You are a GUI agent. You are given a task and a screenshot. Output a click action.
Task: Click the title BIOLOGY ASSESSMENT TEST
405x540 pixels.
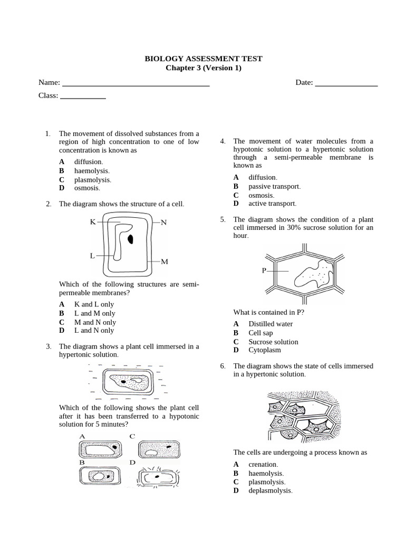click(x=203, y=59)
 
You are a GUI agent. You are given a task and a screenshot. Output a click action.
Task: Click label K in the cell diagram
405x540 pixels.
click(x=92, y=222)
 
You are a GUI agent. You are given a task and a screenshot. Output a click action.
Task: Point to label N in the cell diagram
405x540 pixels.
click(x=163, y=223)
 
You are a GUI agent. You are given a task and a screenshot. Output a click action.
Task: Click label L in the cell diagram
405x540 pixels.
click(x=92, y=256)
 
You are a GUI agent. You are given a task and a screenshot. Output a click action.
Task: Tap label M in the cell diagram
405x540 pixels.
click(x=164, y=262)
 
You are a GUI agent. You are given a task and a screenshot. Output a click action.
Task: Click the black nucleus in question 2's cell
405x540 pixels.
click(x=130, y=239)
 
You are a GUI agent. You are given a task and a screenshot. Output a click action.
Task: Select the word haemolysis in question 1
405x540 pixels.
click(x=92, y=171)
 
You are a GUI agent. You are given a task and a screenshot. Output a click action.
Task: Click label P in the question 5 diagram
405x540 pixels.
click(x=264, y=271)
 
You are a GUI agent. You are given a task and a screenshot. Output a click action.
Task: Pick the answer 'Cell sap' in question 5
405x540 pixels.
click(x=261, y=333)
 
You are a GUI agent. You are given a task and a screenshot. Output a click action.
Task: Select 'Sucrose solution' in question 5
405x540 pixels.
click(x=273, y=342)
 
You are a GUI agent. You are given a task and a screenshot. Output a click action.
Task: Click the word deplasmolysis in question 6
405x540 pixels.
click(x=270, y=490)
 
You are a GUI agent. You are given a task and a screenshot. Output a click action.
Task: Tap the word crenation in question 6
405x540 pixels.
click(x=263, y=464)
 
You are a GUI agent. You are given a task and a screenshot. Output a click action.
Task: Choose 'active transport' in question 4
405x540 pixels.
click(x=272, y=204)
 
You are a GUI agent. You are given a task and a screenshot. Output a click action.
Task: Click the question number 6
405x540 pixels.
click(x=223, y=365)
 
